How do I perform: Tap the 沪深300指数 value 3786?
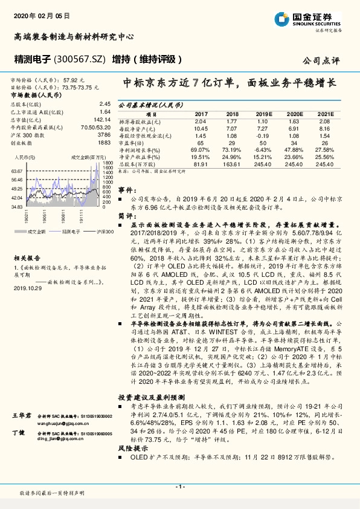(103, 135)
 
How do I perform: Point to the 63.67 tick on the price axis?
(16, 171)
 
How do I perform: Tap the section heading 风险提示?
(132, 465)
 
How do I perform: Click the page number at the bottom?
(180, 486)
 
